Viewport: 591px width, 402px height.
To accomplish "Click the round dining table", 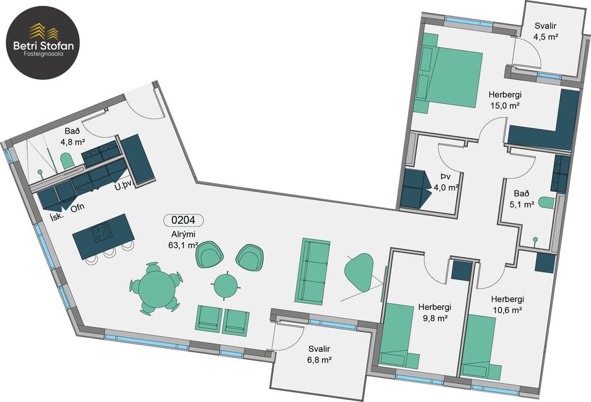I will (156, 286).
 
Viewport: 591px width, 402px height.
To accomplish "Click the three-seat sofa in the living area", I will (314, 270).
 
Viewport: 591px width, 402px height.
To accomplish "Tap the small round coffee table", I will (226, 284).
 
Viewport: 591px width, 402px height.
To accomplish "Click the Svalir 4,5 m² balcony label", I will (546, 32).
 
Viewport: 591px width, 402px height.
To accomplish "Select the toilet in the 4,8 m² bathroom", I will (67, 160).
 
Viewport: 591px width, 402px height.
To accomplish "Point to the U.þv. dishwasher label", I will (124, 187).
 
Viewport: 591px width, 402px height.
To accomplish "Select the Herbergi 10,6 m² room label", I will (507, 305).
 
